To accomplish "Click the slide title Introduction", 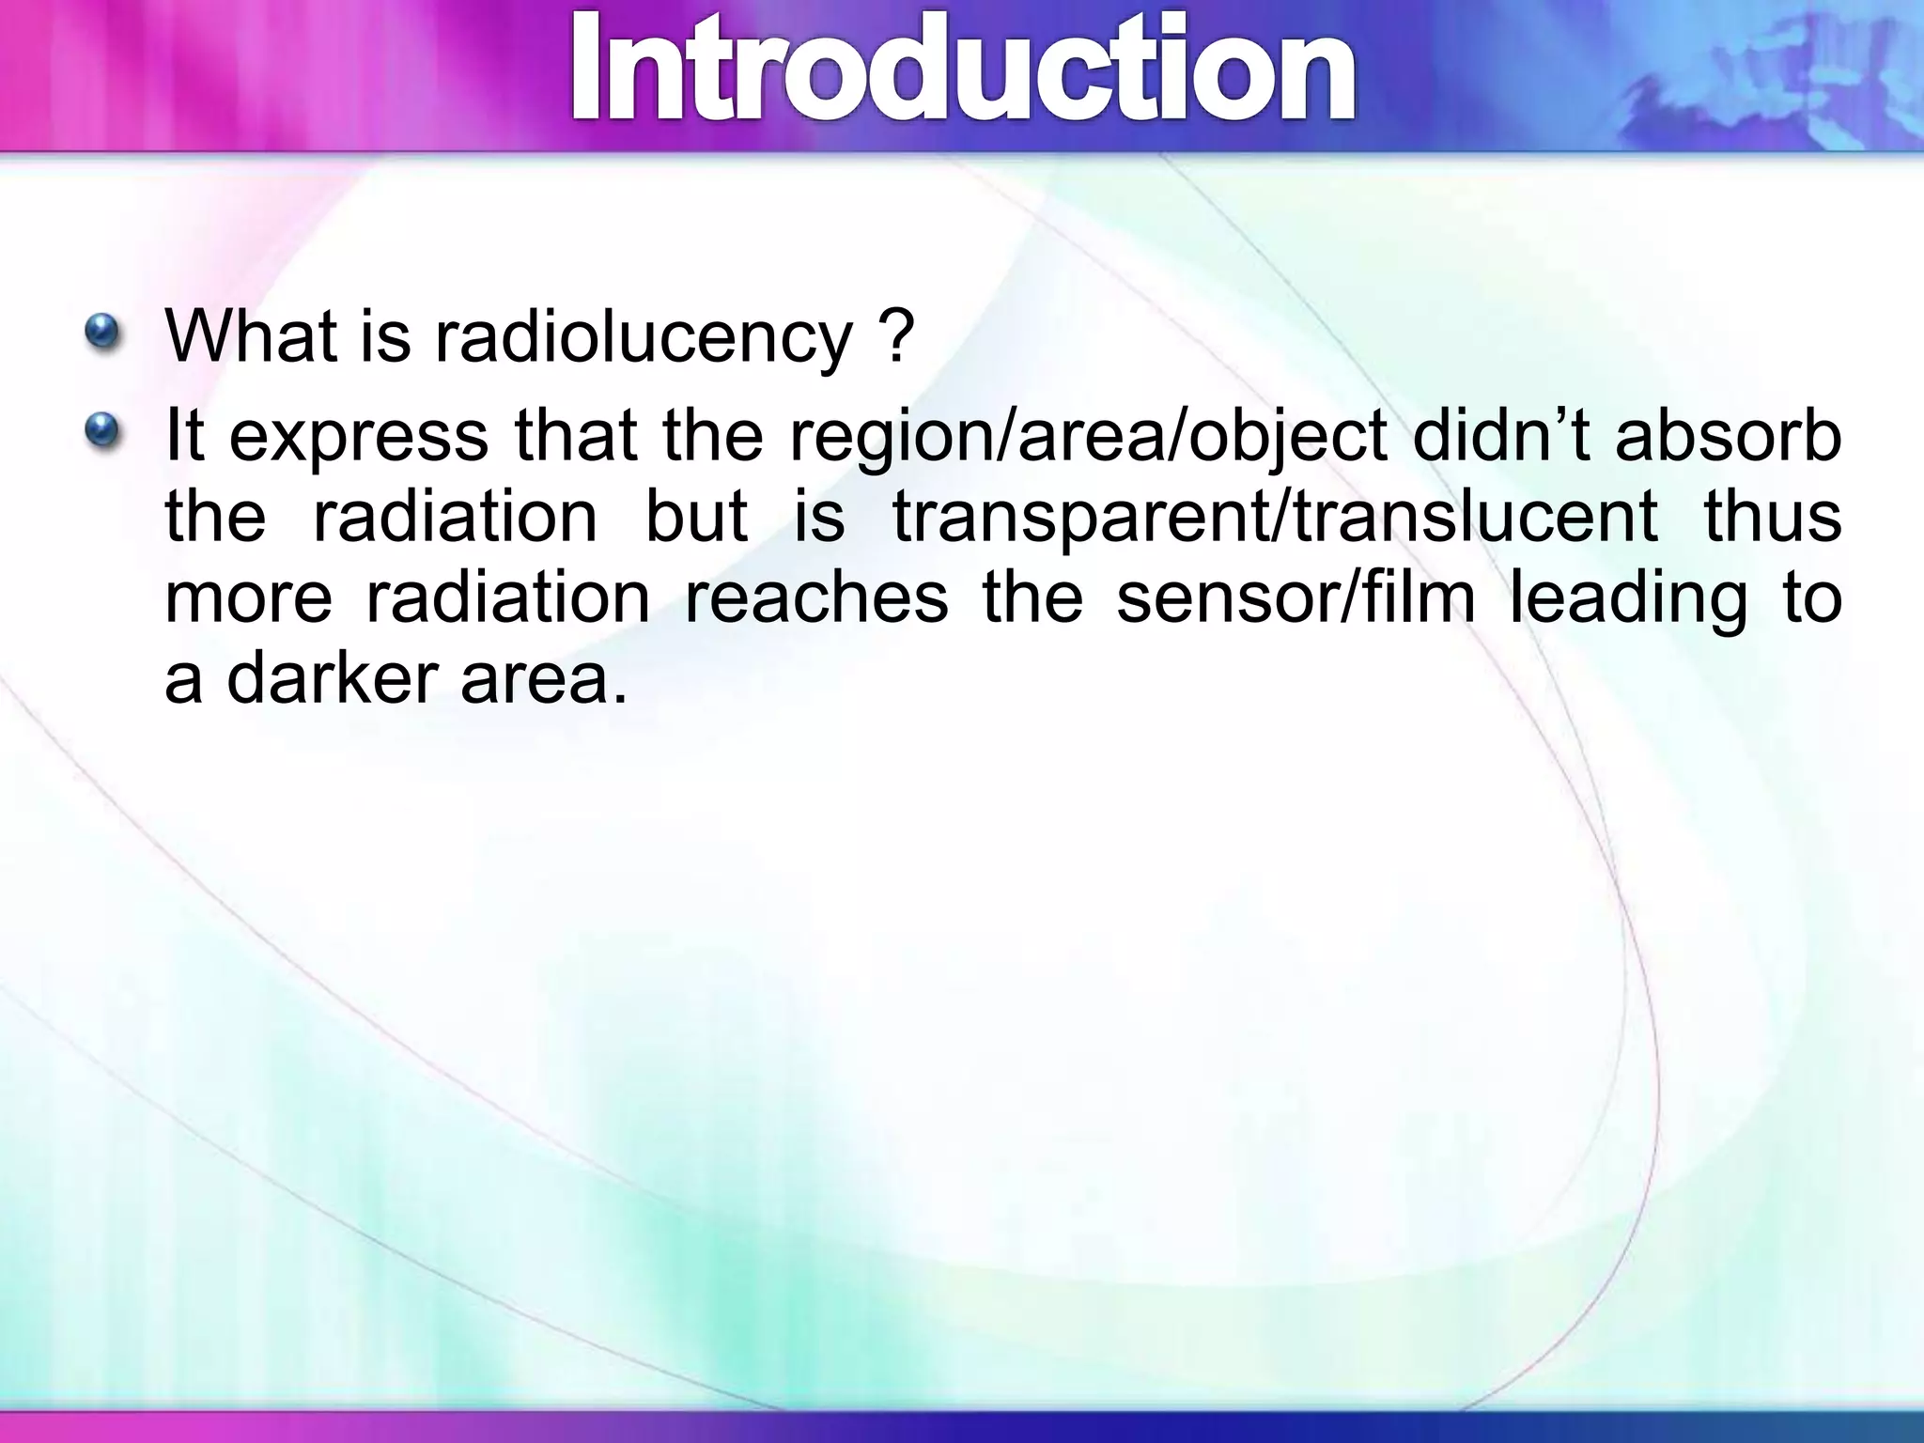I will (x=963, y=70).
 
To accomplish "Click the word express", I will (x=358, y=438).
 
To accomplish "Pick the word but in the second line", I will (x=695, y=516).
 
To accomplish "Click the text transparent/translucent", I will (x=1274, y=518).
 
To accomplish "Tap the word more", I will (x=248, y=598).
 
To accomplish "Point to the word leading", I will (x=1628, y=598).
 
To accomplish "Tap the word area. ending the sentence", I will (x=543, y=679).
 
